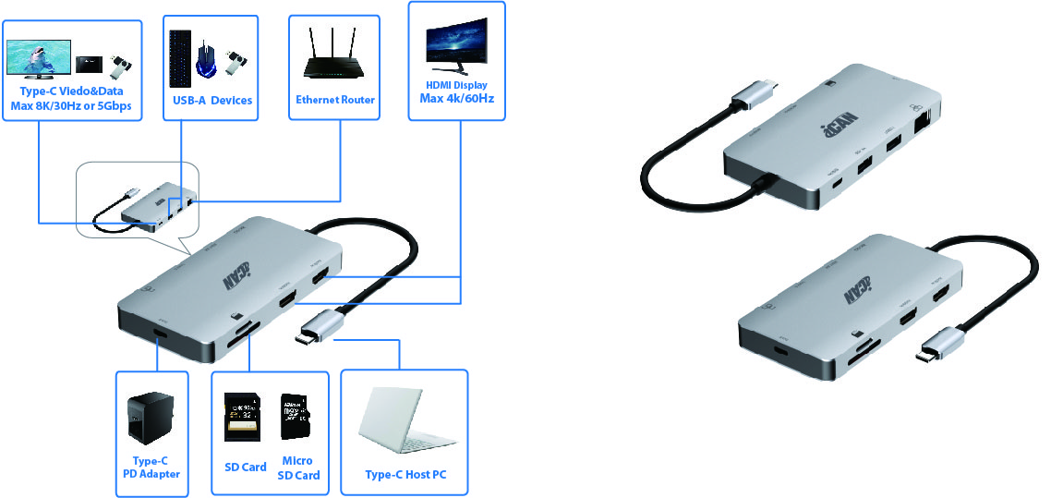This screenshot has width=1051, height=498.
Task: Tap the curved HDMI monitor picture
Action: pos(456,43)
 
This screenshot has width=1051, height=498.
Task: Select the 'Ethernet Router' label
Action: pos(335,100)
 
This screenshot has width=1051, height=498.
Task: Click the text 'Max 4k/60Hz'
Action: pos(456,98)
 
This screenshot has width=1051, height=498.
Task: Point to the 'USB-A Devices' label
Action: pos(211,100)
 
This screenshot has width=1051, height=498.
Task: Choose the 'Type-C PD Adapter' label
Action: pos(151,468)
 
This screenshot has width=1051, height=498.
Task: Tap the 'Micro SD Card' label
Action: pos(298,468)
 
